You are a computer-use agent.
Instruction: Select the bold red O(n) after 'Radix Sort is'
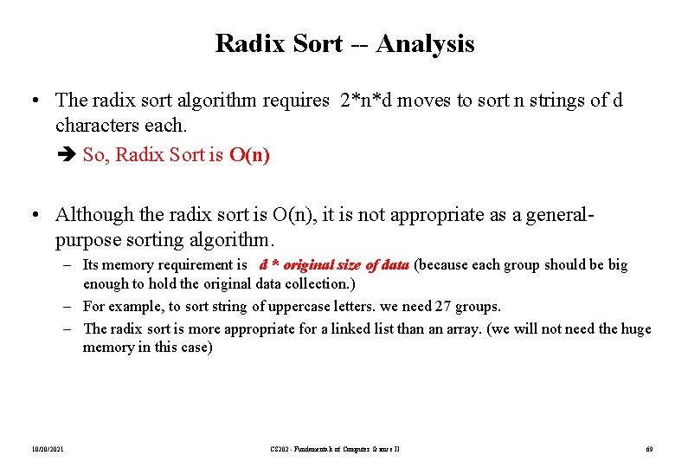click(249, 155)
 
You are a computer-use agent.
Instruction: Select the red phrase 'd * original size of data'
click(333, 265)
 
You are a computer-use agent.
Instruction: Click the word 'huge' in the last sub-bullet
click(634, 328)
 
